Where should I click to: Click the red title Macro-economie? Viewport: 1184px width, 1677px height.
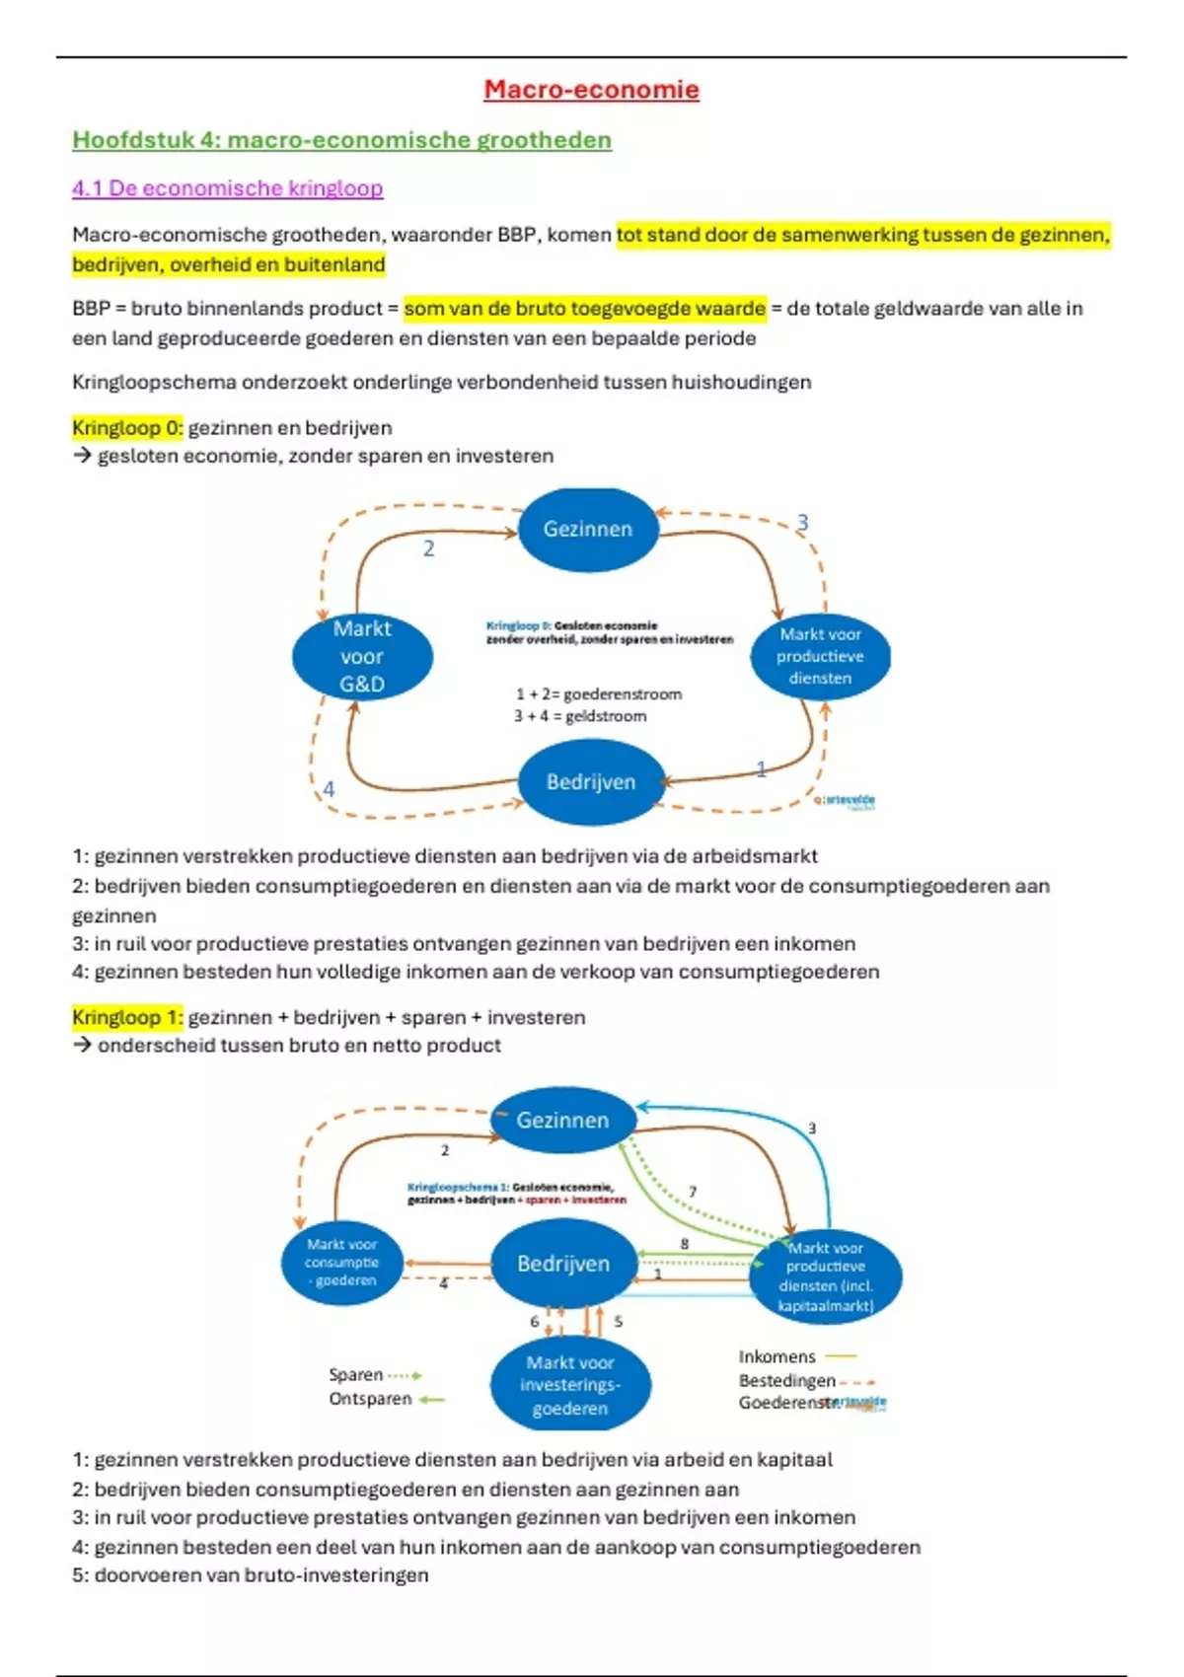tap(591, 90)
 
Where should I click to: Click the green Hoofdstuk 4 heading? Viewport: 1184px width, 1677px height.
tap(341, 140)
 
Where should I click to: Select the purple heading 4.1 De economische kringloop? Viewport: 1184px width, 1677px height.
tap(227, 188)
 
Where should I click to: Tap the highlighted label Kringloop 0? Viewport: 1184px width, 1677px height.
tap(127, 428)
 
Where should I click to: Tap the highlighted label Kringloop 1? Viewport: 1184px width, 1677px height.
tap(127, 1017)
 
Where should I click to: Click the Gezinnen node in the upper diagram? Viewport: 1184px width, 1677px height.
tap(588, 530)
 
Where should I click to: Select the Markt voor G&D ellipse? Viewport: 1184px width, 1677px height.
tap(362, 657)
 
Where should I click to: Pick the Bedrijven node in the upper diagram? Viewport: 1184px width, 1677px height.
tap(591, 782)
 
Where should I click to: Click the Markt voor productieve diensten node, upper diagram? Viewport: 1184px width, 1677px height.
tap(820, 657)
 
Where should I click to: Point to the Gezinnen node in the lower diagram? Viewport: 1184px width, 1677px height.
tap(562, 1121)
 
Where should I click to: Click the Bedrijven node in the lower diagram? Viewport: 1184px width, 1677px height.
tap(563, 1264)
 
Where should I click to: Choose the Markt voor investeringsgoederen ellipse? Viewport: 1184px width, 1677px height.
tap(570, 1385)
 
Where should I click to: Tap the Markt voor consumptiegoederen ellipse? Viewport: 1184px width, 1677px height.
tap(341, 1263)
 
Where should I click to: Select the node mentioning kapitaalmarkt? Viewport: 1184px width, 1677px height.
tap(826, 1277)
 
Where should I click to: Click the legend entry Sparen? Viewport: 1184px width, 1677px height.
tap(356, 1375)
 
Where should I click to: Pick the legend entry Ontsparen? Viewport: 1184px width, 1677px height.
tap(370, 1399)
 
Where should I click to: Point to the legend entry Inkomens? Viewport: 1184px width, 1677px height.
tap(777, 1357)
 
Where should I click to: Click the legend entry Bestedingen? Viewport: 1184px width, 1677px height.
tap(787, 1381)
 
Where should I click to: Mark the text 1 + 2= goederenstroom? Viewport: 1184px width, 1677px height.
tap(598, 694)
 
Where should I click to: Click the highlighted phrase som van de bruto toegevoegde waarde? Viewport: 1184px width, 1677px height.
tap(584, 309)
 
